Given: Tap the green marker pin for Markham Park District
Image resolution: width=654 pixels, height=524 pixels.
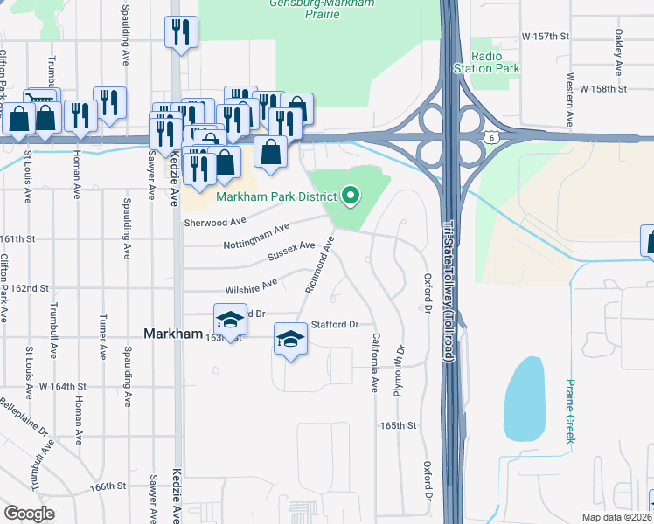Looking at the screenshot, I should click(351, 195).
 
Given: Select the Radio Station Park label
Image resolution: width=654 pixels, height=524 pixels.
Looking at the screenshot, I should click(487, 62).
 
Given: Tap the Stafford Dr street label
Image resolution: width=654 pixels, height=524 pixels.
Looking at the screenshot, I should click(336, 325).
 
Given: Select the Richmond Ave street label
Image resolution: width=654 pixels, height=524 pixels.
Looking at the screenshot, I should click(318, 270).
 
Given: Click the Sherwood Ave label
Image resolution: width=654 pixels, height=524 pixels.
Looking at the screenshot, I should click(210, 222).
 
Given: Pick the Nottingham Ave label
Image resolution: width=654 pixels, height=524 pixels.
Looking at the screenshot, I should click(256, 237).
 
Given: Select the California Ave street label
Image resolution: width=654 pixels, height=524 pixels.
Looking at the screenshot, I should click(375, 361).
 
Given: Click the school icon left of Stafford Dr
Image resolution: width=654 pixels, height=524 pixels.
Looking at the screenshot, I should click(291, 339).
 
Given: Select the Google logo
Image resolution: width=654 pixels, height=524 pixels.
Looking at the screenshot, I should click(29, 513).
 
